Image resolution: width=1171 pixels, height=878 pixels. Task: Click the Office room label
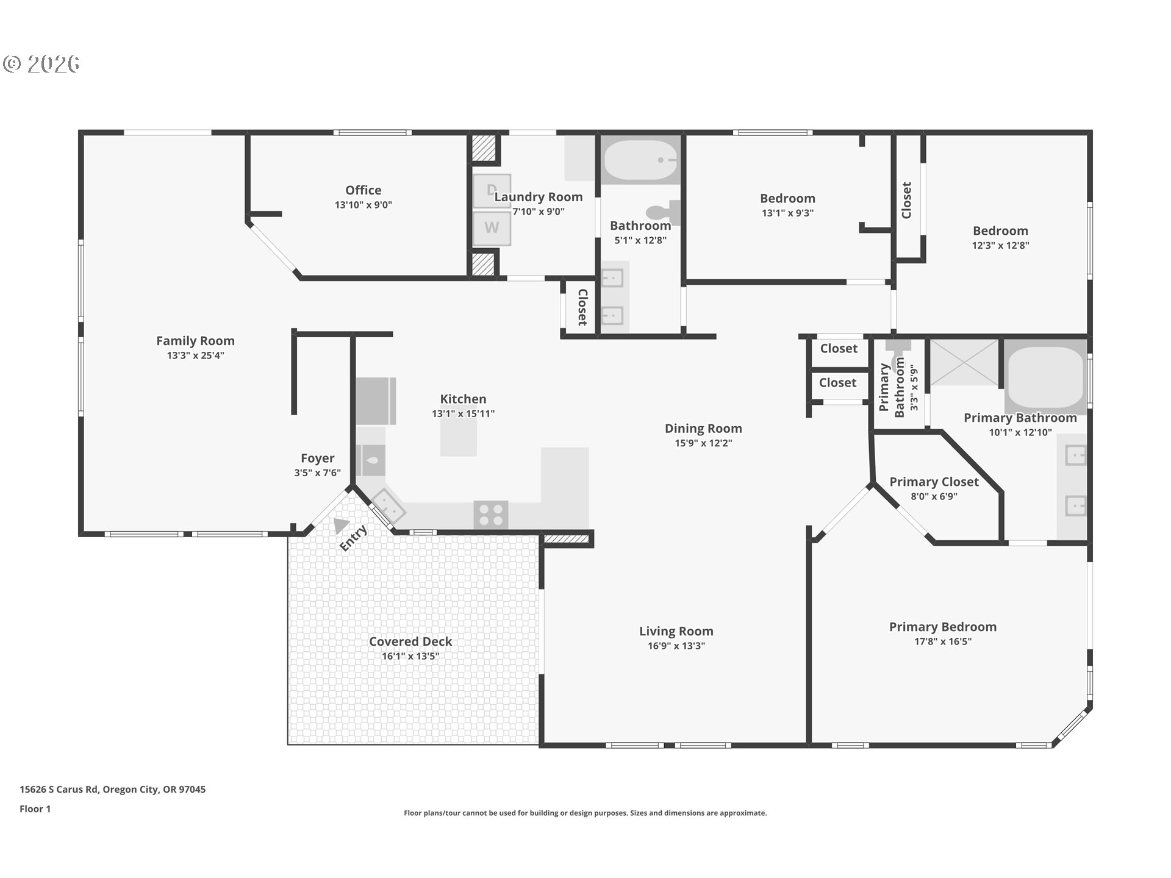pyautogui.click(x=363, y=190)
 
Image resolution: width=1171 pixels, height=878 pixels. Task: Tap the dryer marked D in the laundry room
pyautogui.click(x=492, y=191)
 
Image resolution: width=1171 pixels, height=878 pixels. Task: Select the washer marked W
pyautogui.click(x=492, y=228)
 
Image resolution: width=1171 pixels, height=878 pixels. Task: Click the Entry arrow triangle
pyautogui.click(x=341, y=525)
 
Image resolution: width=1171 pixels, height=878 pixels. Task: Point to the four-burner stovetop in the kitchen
pyautogui.click(x=491, y=515)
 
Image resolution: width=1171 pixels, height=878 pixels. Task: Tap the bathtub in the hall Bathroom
pyautogui.click(x=640, y=160)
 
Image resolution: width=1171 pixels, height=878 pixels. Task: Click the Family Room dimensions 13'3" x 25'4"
pyautogui.click(x=196, y=355)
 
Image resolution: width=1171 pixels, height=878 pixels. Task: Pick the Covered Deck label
pyautogui.click(x=410, y=641)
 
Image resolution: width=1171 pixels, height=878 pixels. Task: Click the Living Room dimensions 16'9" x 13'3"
pyautogui.click(x=676, y=646)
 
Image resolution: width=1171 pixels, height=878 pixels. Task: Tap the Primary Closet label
pyautogui.click(x=934, y=482)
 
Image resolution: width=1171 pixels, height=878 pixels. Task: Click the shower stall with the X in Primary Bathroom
pyautogui.click(x=964, y=363)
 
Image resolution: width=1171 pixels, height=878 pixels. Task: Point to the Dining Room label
pyautogui.click(x=703, y=429)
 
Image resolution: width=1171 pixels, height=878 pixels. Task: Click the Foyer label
pyautogui.click(x=317, y=459)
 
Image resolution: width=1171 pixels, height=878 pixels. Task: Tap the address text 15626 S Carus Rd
pyautogui.click(x=59, y=789)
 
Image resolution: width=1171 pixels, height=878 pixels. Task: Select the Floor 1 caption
pyautogui.click(x=35, y=808)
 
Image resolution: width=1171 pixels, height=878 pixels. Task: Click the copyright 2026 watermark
pyautogui.click(x=41, y=64)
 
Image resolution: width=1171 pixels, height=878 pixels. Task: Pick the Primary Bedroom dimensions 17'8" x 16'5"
pyautogui.click(x=943, y=641)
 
